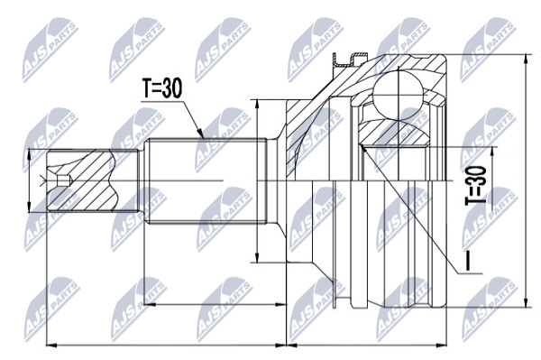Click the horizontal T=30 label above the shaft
(161, 88)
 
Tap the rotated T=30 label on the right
(476, 185)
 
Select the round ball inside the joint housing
(399, 94)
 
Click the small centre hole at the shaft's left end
(64, 180)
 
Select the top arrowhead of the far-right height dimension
(525, 60)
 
